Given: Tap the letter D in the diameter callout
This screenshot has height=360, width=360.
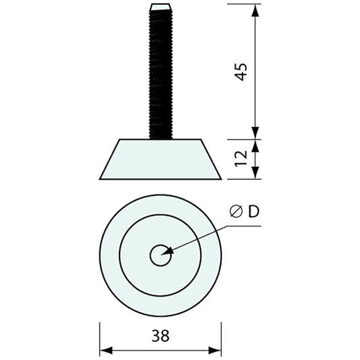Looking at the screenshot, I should (x=253, y=212).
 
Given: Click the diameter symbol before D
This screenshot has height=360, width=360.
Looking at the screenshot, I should (x=235, y=213).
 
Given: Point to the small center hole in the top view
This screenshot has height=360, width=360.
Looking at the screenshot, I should (x=161, y=255).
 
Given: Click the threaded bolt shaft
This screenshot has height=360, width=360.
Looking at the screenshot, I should (x=161, y=74).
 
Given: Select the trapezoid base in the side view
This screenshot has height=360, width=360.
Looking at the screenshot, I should (x=161, y=159).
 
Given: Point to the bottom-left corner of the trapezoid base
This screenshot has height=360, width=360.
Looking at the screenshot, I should (x=101, y=179).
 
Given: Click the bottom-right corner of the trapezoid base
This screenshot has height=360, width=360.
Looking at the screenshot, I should (x=221, y=179).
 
